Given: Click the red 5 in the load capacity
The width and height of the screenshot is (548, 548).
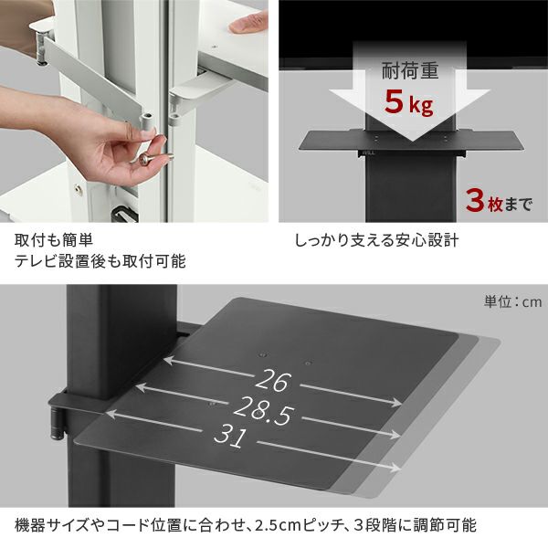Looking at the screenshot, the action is tap(395, 101).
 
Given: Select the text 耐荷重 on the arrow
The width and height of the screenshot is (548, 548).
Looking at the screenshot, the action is tap(409, 71).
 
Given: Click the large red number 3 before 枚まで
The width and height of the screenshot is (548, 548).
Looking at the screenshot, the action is tap(476, 201).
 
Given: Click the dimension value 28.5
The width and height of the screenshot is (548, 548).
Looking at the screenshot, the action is tap(262, 411).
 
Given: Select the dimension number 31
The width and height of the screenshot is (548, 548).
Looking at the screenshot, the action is tap(230, 437).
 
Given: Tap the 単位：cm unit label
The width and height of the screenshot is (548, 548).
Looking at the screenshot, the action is tap(512, 301).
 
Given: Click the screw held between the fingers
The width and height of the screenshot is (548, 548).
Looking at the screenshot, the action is tap(154, 158).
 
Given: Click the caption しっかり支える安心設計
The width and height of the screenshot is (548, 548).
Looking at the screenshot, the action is tap(376, 240).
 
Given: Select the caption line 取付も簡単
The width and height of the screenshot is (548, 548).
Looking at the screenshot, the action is tap(54, 240).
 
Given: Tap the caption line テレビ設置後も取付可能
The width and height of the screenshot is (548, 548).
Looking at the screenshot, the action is tap(100, 261).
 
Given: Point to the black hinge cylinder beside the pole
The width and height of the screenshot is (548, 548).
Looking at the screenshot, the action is tap(58, 424).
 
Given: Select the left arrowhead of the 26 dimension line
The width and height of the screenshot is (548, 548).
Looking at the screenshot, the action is tap(168, 360).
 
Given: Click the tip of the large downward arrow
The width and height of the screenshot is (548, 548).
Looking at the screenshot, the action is tap(411, 141).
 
